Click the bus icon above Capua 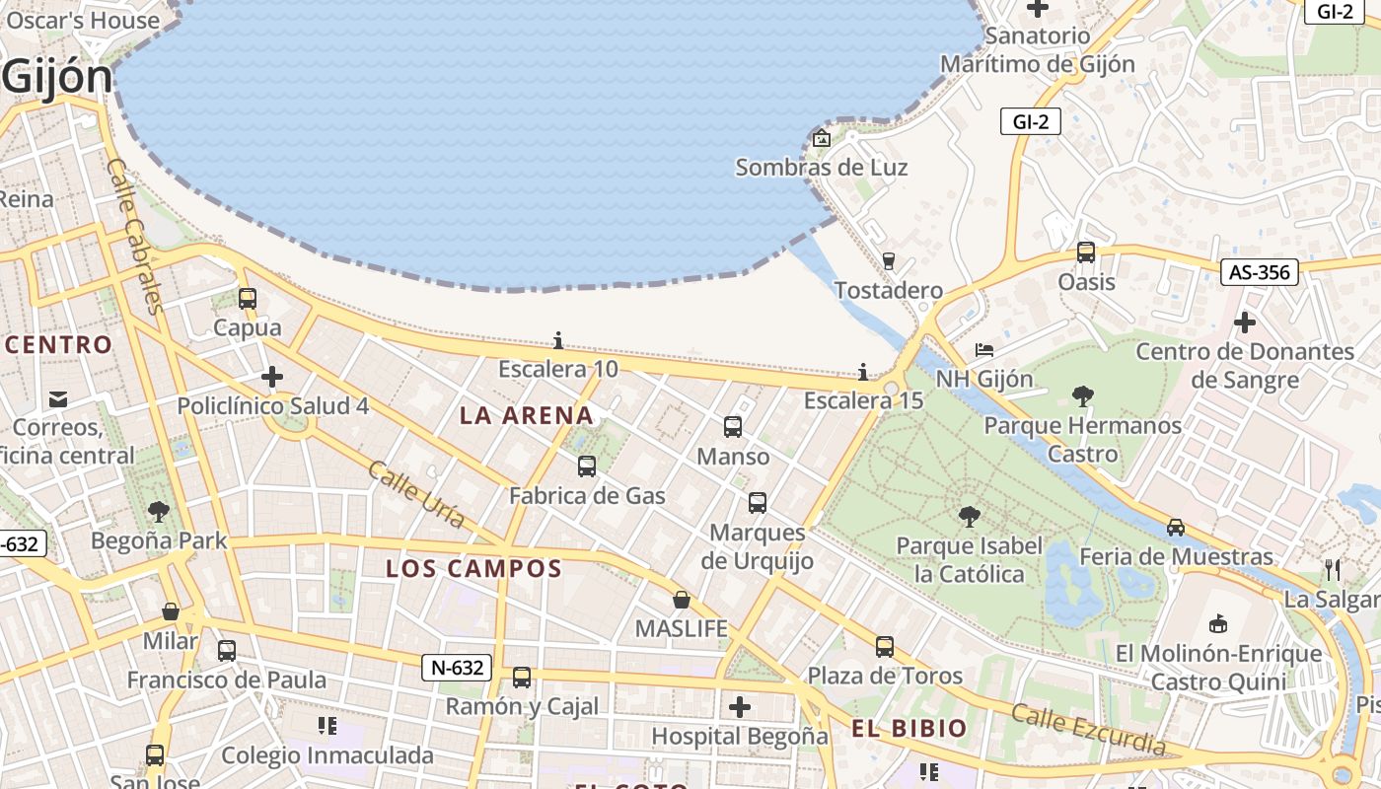pyautogui.click(x=248, y=298)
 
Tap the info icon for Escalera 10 pyautogui.click(x=558, y=341)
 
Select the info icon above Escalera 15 pyautogui.click(x=863, y=372)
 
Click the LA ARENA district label pyautogui.click(x=527, y=415)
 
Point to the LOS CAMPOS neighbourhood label pyautogui.click(x=473, y=568)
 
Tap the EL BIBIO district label pyautogui.click(x=909, y=729)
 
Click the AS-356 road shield pyautogui.click(x=1260, y=272)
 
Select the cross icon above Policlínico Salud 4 pyautogui.click(x=272, y=377)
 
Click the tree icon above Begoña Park pyautogui.click(x=158, y=511)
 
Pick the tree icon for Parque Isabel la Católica pyautogui.click(x=970, y=516)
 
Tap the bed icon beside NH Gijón pyautogui.click(x=983, y=350)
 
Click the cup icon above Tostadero pyautogui.click(x=889, y=260)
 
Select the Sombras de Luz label pyautogui.click(x=822, y=168)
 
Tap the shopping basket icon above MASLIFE pyautogui.click(x=681, y=599)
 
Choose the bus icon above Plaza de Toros pyautogui.click(x=885, y=647)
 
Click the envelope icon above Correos pyautogui.click(x=58, y=398)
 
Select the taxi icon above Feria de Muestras pyautogui.click(x=1176, y=527)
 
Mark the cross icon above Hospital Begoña pyautogui.click(x=740, y=706)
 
